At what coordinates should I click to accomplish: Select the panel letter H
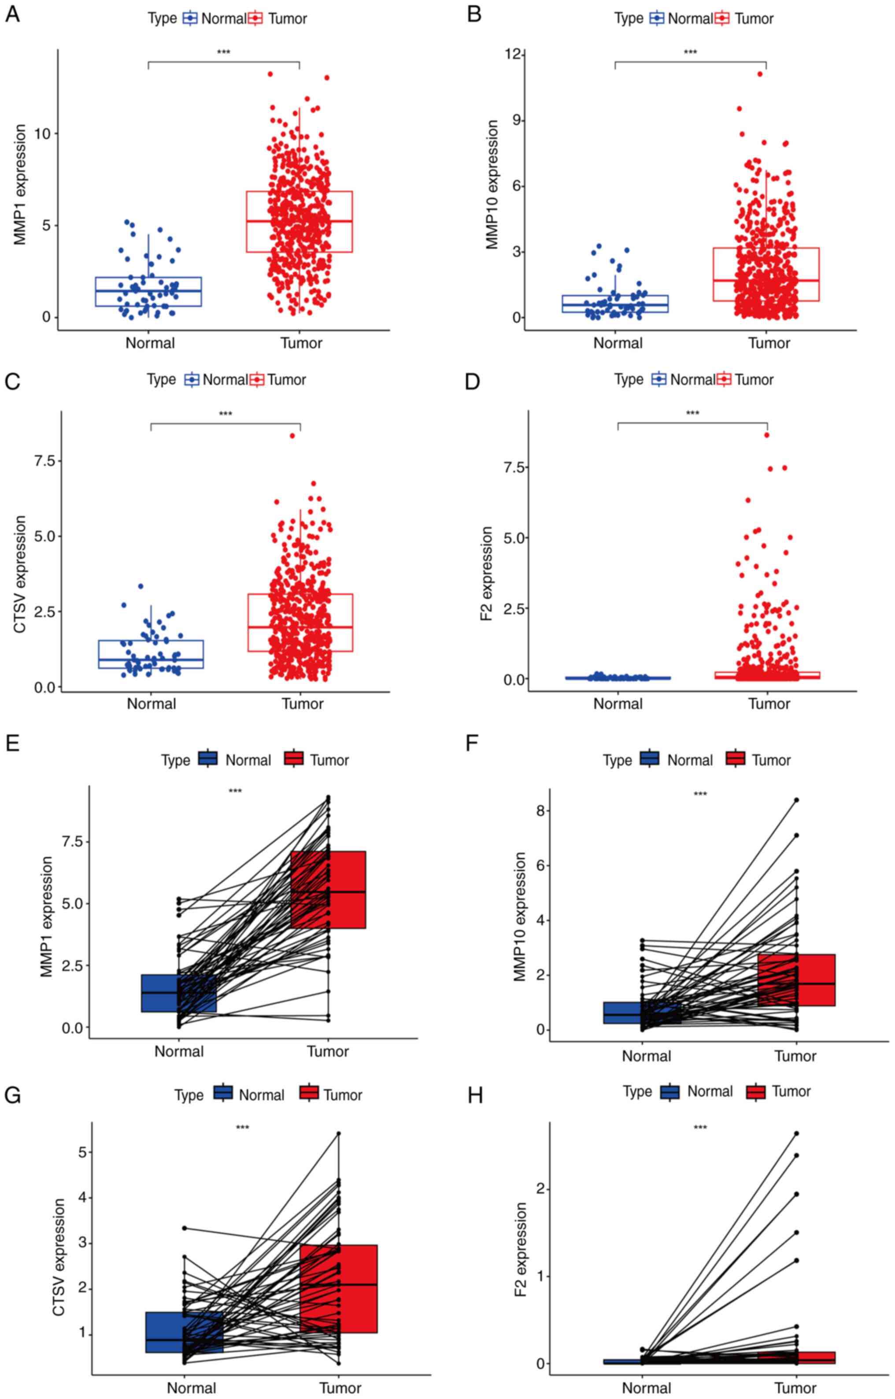(x=475, y=1095)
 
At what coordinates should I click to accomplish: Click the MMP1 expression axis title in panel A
(x=20, y=184)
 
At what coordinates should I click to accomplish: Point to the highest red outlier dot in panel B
(x=760, y=74)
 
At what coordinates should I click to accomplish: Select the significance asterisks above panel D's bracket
(x=692, y=414)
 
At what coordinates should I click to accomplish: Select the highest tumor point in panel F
(x=796, y=800)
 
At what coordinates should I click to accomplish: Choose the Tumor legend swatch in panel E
(x=294, y=758)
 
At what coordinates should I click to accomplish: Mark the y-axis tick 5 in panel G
(x=80, y=1152)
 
